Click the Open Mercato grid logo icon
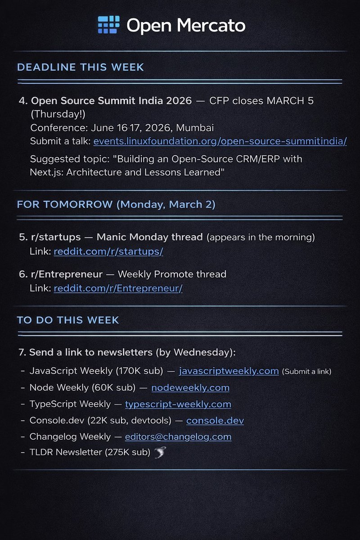pyautogui.click(x=108, y=25)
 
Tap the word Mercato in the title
pyautogui.click(x=211, y=25)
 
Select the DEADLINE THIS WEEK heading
pyautogui.click(x=81, y=67)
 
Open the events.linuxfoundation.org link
pyautogui.click(x=220, y=141)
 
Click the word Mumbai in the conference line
pyautogui.click(x=195, y=128)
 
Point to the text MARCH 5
pyautogui.click(x=290, y=101)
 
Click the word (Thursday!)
pyautogui.click(x=58, y=114)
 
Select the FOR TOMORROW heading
pyautogui.click(x=116, y=204)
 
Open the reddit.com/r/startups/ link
pyautogui.click(x=108, y=252)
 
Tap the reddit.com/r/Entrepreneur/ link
pyautogui.click(x=118, y=288)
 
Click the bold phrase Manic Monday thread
pyautogui.click(x=149, y=237)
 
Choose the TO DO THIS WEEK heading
pyautogui.click(x=68, y=320)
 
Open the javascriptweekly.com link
pyautogui.click(x=229, y=371)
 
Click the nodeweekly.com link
pyautogui.click(x=190, y=387)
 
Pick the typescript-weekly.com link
pyautogui.click(x=178, y=404)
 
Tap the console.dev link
pyautogui.click(x=215, y=420)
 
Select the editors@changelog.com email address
pyautogui.click(x=178, y=436)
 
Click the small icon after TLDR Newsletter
pyautogui.click(x=160, y=452)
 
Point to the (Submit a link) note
pyautogui.click(x=306, y=371)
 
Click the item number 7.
pyautogui.click(x=22, y=352)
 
